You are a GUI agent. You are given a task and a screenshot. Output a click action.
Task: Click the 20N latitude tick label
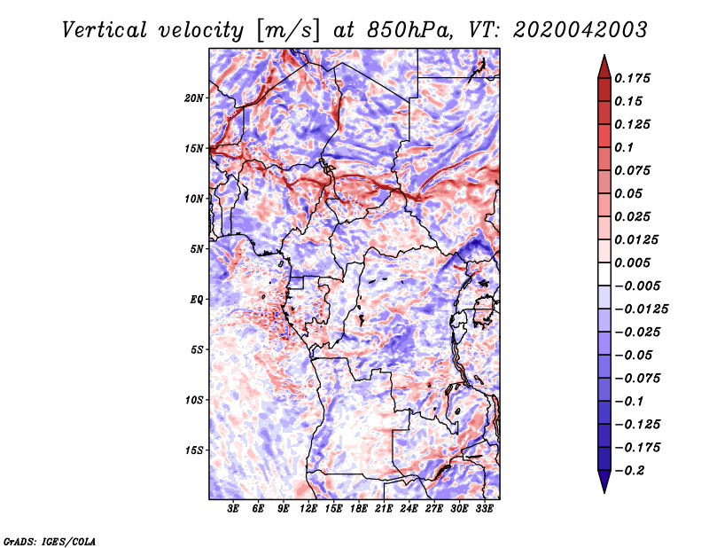coord(194,98)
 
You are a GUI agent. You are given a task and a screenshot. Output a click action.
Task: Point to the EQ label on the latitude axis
coord(197,299)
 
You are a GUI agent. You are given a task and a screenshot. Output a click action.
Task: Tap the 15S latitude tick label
coord(194,450)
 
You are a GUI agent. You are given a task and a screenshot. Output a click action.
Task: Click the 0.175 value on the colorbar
coord(634,79)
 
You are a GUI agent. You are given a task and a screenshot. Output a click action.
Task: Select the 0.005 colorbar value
coord(634,262)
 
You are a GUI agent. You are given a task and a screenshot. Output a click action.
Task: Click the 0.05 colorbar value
coord(628,193)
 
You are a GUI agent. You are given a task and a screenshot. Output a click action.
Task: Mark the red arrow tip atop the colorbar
coord(603,59)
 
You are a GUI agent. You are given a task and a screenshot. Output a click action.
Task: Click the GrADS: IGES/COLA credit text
coord(49,540)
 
